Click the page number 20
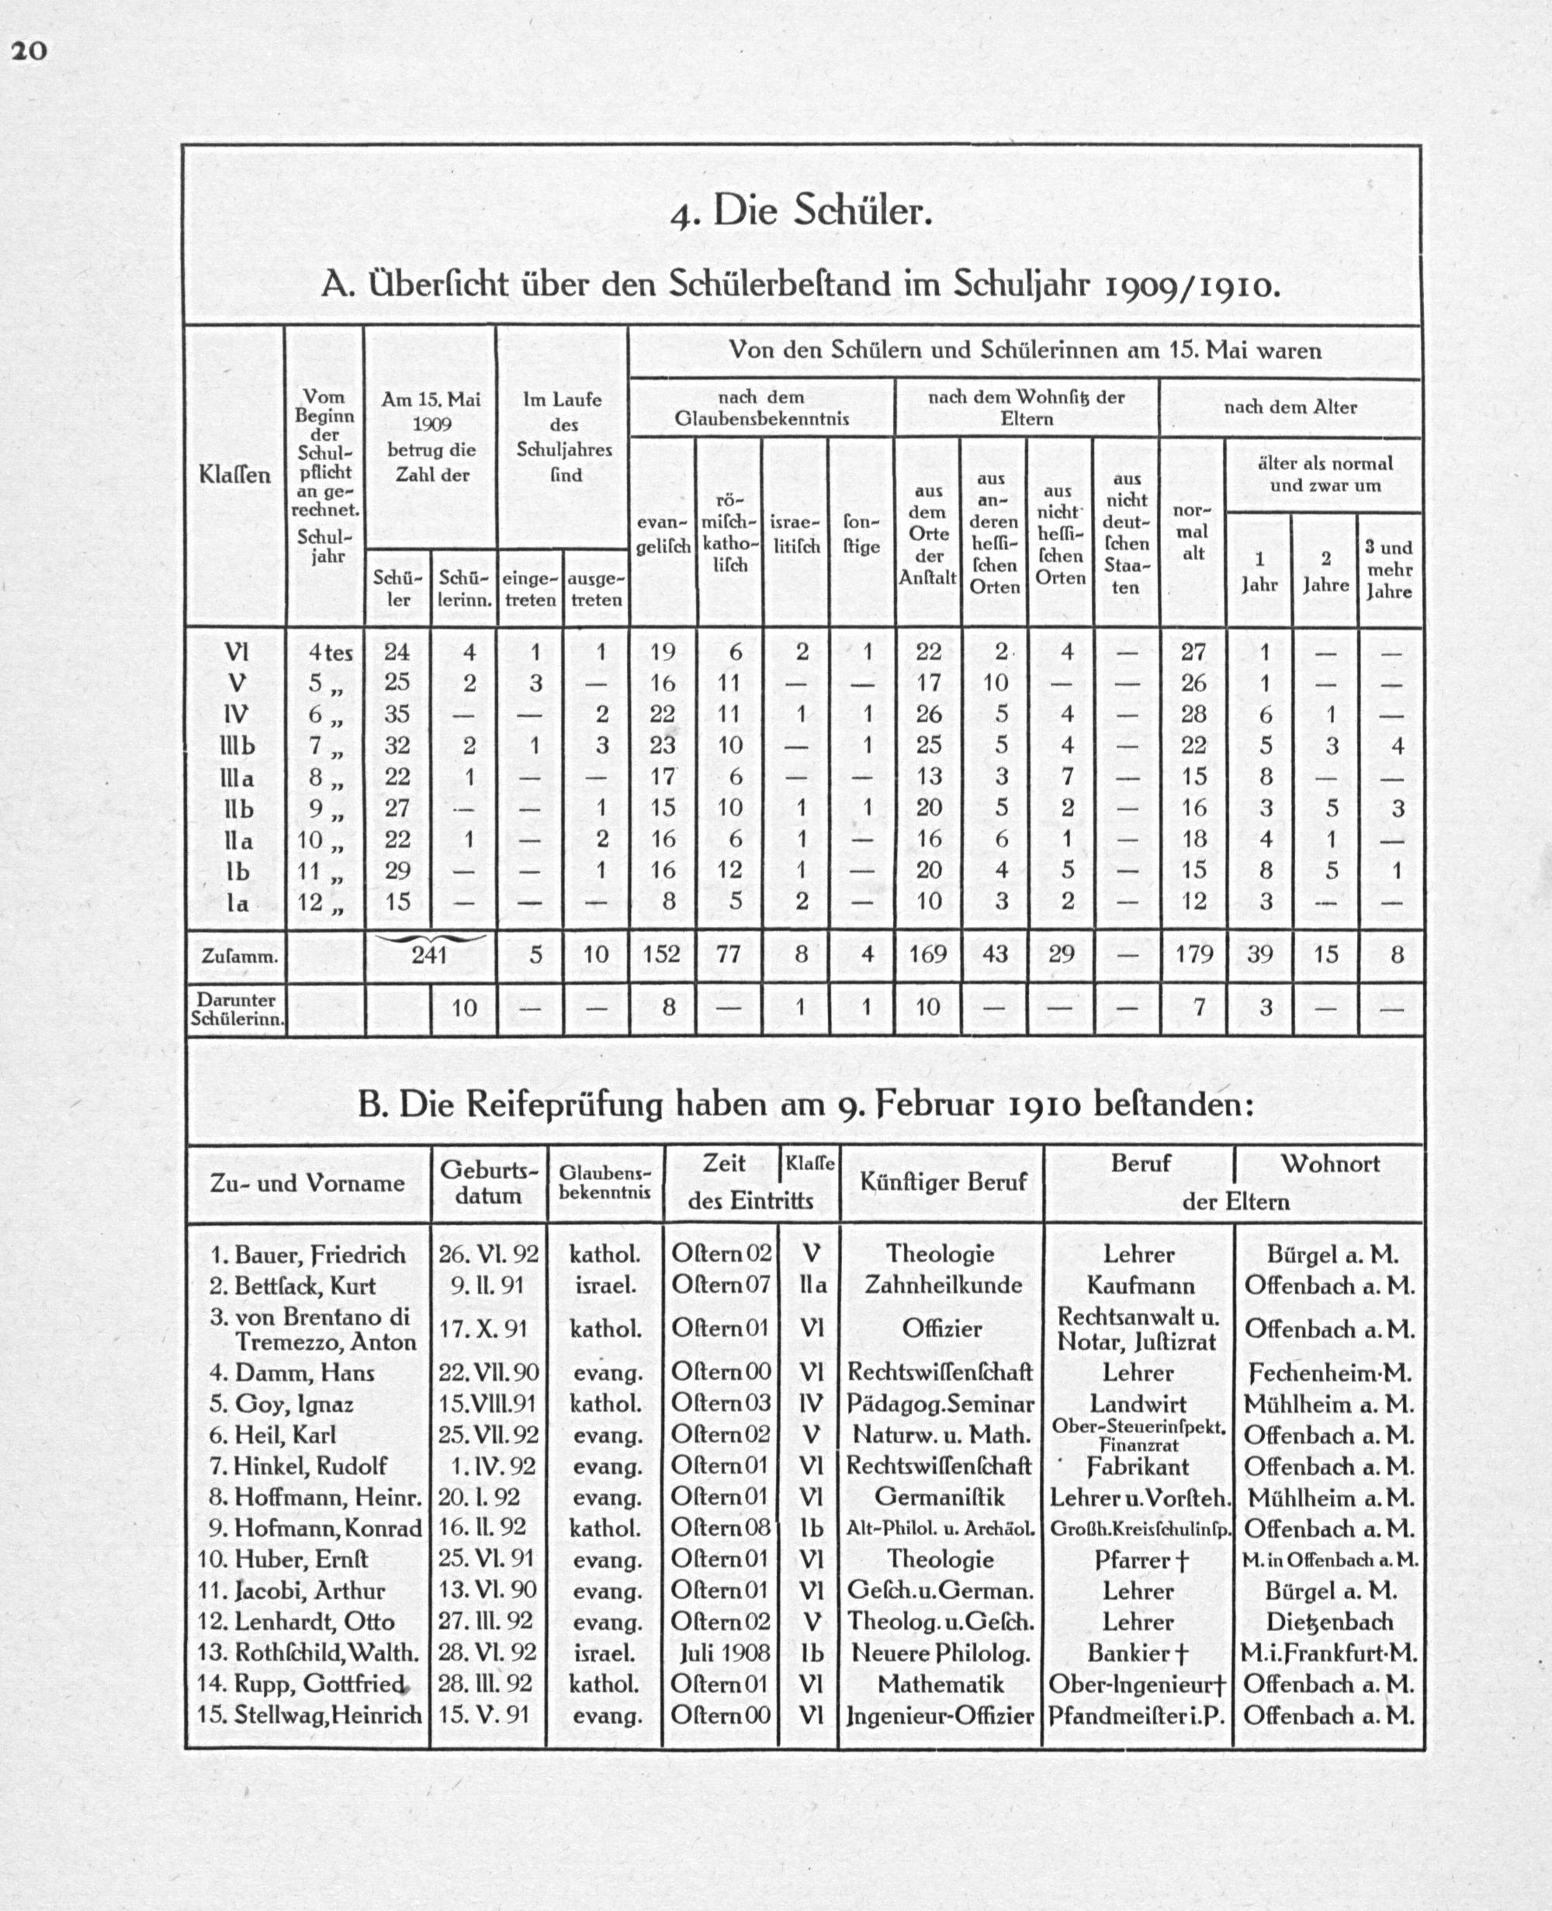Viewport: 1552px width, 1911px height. (x=29, y=50)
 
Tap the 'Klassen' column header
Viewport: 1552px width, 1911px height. (x=234, y=474)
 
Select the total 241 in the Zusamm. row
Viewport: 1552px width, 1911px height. (x=429, y=954)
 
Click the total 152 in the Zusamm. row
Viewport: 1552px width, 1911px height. (x=663, y=954)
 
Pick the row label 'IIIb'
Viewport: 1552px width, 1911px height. (x=236, y=746)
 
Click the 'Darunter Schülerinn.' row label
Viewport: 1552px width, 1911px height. (x=236, y=1008)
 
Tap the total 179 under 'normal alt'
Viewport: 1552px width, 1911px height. (x=1193, y=954)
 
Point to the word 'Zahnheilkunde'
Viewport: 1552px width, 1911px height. (x=942, y=1286)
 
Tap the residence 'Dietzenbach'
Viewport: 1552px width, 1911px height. (x=1329, y=1622)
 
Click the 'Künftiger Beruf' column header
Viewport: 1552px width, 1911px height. (x=941, y=1182)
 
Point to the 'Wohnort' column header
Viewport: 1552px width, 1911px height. (x=1329, y=1164)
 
